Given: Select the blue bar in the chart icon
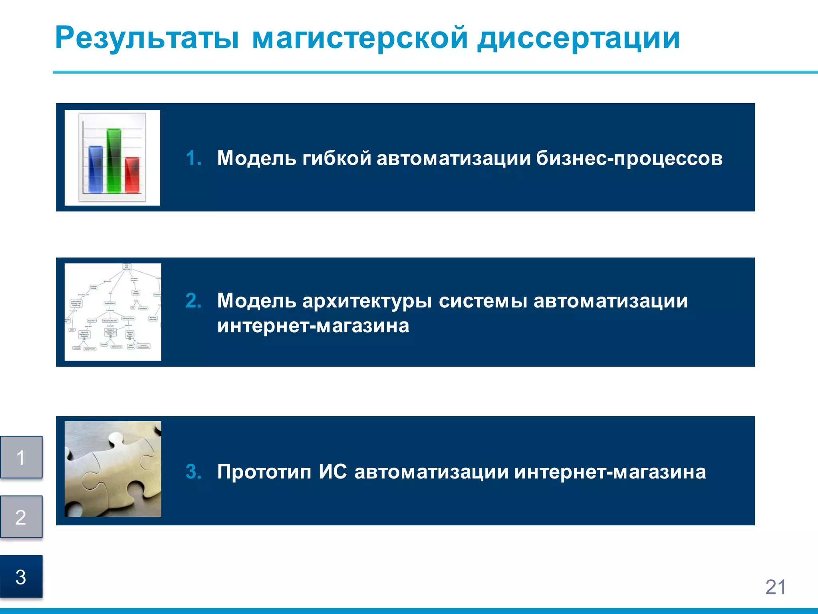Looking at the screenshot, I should (x=95, y=169).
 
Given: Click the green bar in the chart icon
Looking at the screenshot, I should (x=114, y=161).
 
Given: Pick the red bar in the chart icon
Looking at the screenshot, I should (x=132, y=175).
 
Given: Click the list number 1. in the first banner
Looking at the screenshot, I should (x=194, y=158).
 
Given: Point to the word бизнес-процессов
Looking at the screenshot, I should (x=629, y=158).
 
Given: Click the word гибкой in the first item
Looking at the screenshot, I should (x=337, y=158).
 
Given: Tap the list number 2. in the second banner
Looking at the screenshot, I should (x=194, y=301).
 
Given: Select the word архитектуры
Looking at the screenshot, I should (x=367, y=301).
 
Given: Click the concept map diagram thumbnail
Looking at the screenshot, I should (x=113, y=312).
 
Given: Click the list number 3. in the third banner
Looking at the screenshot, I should (x=194, y=472).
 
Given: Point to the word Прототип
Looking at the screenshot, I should (x=264, y=472).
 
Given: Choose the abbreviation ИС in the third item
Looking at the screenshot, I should (x=333, y=471).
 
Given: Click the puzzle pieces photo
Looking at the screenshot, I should (x=113, y=469).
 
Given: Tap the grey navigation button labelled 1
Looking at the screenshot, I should (x=21, y=457).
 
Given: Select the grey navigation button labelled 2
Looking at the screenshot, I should (x=21, y=517).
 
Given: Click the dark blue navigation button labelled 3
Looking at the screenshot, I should (x=21, y=576).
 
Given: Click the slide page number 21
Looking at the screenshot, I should (x=775, y=587).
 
